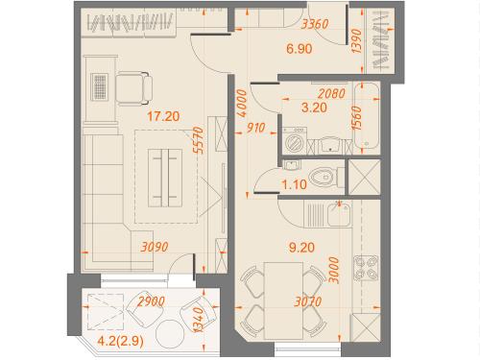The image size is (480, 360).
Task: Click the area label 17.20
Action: coord(163,116)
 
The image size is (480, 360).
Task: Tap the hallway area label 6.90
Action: coord(300,49)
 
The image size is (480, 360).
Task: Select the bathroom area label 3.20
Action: coord(314,108)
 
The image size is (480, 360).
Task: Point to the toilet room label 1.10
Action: coord(294,184)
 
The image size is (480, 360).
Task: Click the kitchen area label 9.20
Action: coord(301,248)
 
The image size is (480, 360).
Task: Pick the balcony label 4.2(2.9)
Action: coord(120,341)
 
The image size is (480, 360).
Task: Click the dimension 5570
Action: coord(199,140)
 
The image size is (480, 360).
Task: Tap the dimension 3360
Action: coord(315,24)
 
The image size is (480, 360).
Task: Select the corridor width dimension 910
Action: coord(255,128)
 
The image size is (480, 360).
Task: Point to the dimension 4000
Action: coord(242,103)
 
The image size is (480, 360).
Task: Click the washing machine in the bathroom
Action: coord(295,141)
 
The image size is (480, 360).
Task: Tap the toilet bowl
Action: coord(324,178)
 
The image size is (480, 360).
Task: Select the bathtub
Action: coord(366,116)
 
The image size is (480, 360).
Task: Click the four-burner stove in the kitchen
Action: coord(366,268)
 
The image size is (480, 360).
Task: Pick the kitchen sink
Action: coord(339,214)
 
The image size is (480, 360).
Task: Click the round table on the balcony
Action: coord(170,333)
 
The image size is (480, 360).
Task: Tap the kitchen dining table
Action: coord(283,300)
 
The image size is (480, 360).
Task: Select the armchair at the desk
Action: coord(133,88)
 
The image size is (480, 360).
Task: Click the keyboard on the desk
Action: coord(99,86)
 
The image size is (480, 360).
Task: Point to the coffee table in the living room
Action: coord(165,178)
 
